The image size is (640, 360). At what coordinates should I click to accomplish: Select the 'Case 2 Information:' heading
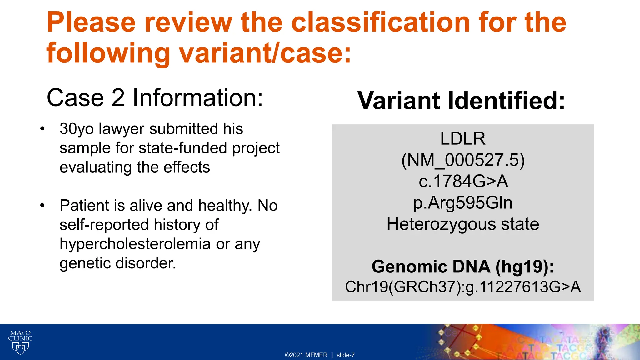tap(155, 98)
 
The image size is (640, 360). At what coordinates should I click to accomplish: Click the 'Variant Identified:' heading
tap(461, 101)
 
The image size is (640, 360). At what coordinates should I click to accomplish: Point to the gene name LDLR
tap(462, 138)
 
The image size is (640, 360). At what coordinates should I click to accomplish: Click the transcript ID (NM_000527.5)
tap(462, 160)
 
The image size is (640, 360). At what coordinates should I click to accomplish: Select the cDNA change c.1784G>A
tap(463, 181)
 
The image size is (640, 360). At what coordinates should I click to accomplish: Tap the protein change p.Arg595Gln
tap(462, 203)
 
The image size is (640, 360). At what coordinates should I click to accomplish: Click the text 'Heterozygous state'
tap(462, 224)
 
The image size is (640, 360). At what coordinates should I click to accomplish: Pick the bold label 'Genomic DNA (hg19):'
tap(462, 267)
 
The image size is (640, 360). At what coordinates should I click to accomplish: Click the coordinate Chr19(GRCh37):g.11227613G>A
tap(462, 287)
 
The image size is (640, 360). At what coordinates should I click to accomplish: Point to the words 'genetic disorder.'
tap(118, 263)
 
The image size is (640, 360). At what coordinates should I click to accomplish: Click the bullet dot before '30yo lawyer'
tap(42, 129)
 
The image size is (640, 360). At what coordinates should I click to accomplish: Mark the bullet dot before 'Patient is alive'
tap(42, 206)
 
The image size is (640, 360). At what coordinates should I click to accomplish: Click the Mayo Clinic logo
tap(20, 342)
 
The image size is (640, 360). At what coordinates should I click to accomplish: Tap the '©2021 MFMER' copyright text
tap(306, 355)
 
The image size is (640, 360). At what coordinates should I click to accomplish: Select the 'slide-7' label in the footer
tap(345, 355)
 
